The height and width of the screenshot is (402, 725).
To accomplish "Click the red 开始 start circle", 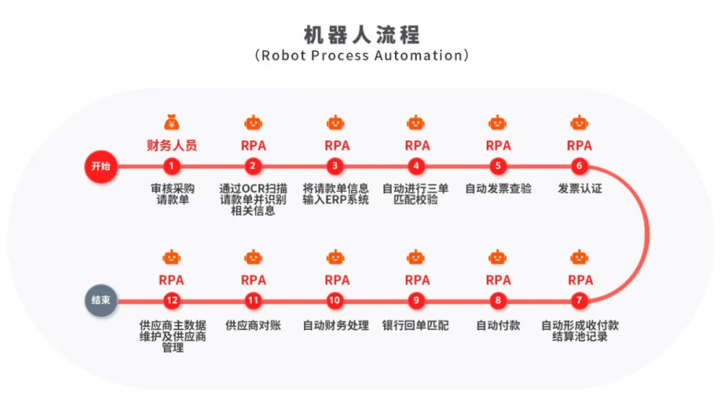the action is click(101, 166).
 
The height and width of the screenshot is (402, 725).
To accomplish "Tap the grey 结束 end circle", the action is click(101, 300).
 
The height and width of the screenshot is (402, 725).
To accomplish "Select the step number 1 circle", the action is click(172, 166).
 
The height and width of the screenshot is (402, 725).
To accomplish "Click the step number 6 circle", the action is click(579, 166).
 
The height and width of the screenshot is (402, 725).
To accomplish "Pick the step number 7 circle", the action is click(579, 300).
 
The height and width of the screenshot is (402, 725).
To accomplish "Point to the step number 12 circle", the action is click(172, 300).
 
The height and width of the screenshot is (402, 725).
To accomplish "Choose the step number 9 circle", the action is click(416, 300).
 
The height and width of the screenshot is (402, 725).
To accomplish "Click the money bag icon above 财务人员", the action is click(172, 123).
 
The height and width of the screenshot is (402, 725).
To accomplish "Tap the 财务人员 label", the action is click(172, 146).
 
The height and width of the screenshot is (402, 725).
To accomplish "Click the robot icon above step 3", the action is click(335, 123).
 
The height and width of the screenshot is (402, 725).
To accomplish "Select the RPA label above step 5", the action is click(498, 146).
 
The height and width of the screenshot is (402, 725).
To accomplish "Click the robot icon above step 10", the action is click(335, 257).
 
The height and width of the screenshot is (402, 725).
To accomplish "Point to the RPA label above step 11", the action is click(253, 280).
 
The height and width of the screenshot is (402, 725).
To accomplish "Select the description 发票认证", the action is click(580, 188).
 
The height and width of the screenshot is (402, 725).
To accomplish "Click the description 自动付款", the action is click(498, 325).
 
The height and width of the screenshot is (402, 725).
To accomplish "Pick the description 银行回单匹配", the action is click(415, 325).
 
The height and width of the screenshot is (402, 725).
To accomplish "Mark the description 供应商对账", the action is click(253, 325).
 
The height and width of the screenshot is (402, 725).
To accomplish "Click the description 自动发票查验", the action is click(498, 188).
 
